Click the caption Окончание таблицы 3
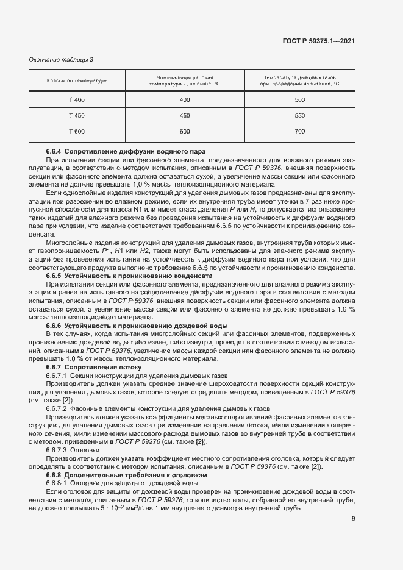(62, 59)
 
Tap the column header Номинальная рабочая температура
(185, 81)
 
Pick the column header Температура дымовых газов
(299, 81)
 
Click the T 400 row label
(77, 99)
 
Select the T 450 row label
(77, 115)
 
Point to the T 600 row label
(77, 132)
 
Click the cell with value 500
(299, 99)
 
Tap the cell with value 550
(299, 115)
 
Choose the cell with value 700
(299, 132)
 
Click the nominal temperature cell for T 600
(185, 132)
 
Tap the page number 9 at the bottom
(353, 519)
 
